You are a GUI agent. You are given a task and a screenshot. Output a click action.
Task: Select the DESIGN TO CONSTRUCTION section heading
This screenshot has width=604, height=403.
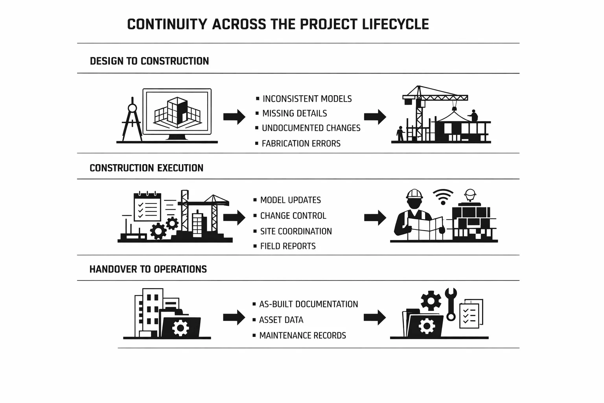click(x=149, y=61)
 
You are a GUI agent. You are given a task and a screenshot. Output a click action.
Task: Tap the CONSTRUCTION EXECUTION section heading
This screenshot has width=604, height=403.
click(x=146, y=168)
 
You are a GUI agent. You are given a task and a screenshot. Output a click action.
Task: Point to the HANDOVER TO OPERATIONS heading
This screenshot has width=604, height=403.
click(x=148, y=269)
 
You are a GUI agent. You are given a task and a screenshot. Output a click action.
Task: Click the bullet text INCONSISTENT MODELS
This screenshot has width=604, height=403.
click(x=307, y=99)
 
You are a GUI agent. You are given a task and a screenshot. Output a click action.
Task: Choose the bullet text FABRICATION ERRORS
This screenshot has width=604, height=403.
click(x=301, y=144)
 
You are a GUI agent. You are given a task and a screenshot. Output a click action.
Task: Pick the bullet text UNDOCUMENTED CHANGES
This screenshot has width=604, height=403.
click(x=311, y=128)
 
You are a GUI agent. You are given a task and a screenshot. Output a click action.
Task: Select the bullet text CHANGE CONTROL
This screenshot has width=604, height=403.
click(x=293, y=216)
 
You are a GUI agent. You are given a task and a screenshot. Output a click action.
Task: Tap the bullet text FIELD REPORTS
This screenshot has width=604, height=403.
click(x=288, y=246)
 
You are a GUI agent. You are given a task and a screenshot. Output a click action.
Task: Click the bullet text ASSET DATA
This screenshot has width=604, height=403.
click(x=281, y=320)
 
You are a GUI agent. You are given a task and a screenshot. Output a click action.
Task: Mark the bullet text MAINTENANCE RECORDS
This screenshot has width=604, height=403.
click(x=302, y=336)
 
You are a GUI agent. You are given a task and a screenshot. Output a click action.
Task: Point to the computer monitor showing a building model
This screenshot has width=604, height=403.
click(x=177, y=112)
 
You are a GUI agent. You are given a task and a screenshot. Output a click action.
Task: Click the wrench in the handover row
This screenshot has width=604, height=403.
click(x=451, y=304)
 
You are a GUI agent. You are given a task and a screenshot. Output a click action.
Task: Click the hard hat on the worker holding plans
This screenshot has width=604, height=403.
click(x=414, y=194)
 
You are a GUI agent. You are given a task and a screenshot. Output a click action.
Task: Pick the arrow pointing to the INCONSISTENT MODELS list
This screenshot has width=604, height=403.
click(x=234, y=117)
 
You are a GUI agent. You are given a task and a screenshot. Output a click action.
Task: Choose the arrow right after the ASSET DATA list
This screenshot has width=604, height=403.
click(x=374, y=318)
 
